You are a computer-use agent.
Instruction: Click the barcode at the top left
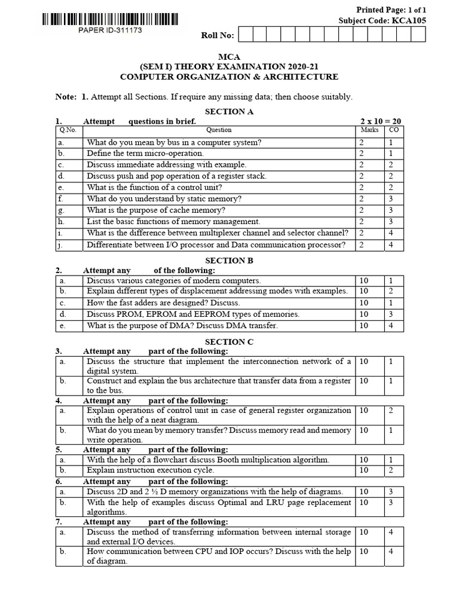coord(109,20)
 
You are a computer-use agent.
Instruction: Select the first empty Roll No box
coord(245,35)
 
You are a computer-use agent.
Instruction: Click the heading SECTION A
coord(225,111)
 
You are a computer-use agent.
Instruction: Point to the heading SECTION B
coord(225,261)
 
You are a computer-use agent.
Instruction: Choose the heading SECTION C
coord(225,342)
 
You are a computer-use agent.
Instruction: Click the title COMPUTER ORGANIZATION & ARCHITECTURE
coord(229,76)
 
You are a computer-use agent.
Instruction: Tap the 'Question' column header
coord(219,130)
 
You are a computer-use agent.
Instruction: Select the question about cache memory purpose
coord(156,210)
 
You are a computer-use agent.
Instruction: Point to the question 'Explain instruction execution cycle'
coord(150,470)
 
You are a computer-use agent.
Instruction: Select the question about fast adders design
coord(163,302)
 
